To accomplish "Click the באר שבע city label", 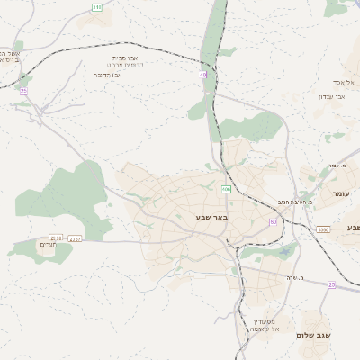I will point(212,218).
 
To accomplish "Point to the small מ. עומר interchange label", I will point(338,166).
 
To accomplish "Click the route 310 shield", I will point(96,7).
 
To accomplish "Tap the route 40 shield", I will point(203,75).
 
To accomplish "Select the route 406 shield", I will point(226,189).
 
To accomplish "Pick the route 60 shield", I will point(273,221).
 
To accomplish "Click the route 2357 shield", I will point(76,238).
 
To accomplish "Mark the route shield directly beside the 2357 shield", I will point(58,238).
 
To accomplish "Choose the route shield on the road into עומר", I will point(323,229).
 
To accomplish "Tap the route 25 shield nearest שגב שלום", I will point(331,284).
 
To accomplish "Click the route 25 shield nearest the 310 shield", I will point(23,91).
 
